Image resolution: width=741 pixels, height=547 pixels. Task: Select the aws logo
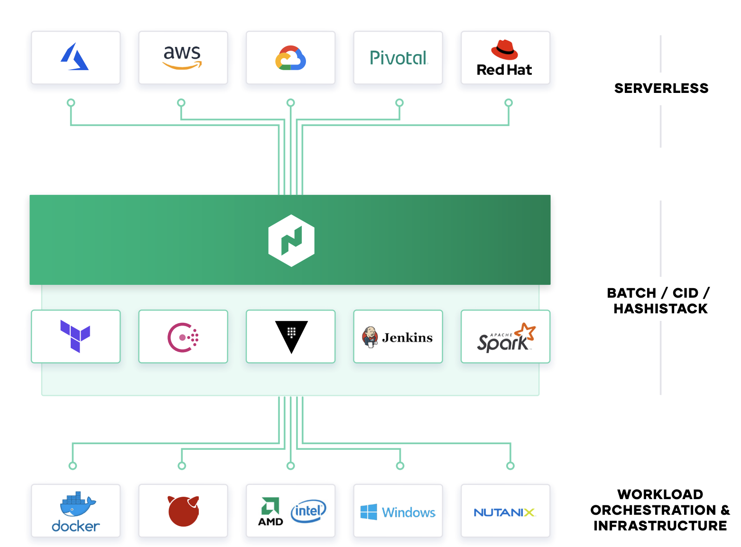182,57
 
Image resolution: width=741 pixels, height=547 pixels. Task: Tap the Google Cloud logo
290,58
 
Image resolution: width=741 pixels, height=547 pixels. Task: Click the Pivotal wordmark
399,58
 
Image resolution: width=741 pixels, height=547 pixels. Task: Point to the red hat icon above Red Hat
504,50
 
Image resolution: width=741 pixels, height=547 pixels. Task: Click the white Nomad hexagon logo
291,240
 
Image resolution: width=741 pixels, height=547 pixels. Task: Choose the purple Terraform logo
75,336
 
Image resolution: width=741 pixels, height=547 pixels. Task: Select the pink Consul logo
183,337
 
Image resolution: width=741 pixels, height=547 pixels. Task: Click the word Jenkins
407,337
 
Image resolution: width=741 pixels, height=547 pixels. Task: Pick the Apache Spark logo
506,337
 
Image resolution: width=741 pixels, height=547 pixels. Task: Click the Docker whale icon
78,503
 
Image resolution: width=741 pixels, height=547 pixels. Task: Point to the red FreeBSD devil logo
183,511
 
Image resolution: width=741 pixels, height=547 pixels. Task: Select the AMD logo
270,511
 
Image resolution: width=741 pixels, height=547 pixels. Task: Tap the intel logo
308,511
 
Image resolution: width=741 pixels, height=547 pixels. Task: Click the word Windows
408,512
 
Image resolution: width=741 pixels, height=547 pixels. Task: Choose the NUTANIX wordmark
504,512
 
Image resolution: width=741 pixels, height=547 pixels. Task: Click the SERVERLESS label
661,88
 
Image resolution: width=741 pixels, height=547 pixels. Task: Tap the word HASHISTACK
660,309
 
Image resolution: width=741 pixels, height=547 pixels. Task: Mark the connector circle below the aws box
181,102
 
